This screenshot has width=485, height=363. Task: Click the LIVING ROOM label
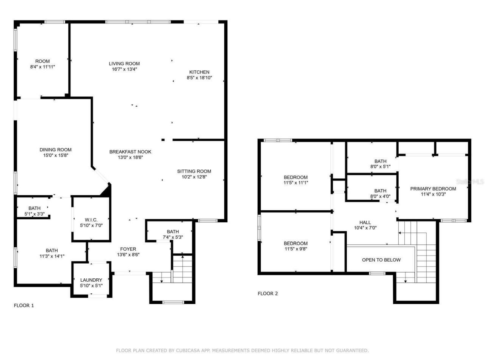[124, 64]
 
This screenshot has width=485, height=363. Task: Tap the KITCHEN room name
[199, 72]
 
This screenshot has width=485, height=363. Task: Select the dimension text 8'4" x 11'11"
[42, 67]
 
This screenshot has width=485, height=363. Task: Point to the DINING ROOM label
[55, 149]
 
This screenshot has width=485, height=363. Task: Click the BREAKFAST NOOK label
[130, 152]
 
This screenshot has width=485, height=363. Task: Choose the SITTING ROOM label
[194, 171]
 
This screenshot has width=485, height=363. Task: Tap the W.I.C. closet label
[91, 220]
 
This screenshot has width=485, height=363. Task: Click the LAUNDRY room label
[91, 280]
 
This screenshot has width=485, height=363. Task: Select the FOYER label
[128, 249]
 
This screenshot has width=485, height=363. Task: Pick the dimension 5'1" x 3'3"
[34, 214]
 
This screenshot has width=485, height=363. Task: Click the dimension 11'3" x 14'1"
[52, 256]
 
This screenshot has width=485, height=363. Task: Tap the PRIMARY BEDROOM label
[433, 188]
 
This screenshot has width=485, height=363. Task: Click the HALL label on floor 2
[365, 222]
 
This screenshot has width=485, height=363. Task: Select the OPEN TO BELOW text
[381, 260]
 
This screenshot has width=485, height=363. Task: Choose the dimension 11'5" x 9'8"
[296, 249]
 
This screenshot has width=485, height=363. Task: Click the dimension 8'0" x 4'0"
[380, 197]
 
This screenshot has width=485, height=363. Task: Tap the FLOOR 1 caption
[24, 305]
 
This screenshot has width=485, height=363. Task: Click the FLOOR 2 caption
[268, 293]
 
